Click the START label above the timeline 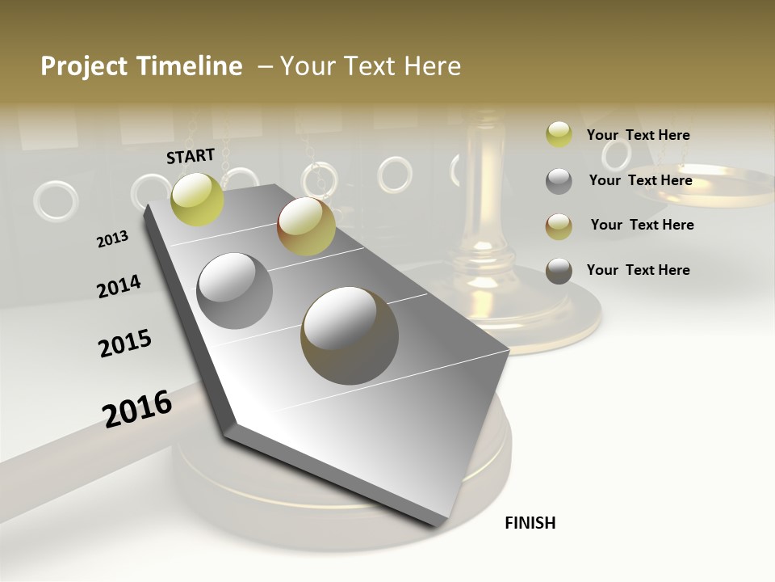click(x=191, y=156)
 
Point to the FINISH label click(x=530, y=523)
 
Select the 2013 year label click(x=113, y=239)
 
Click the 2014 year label click(x=119, y=286)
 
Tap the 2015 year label click(x=125, y=344)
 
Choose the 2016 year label click(x=137, y=409)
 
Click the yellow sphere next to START click(x=198, y=199)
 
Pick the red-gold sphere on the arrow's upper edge click(x=306, y=226)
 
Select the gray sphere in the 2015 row click(x=235, y=291)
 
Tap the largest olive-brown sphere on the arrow click(x=350, y=335)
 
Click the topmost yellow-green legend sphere click(x=559, y=135)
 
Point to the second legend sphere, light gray click(x=559, y=181)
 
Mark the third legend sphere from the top click(x=559, y=226)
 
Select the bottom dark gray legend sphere click(x=559, y=272)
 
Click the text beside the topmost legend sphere click(x=638, y=136)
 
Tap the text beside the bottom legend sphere click(x=638, y=270)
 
